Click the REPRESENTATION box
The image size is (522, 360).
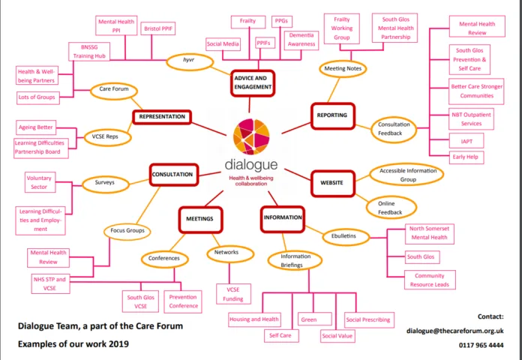point(162,117)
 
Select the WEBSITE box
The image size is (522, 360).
point(332,183)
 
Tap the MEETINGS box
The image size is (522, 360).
point(200,219)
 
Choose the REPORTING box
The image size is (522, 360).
point(332,115)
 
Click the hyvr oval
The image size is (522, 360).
point(190,62)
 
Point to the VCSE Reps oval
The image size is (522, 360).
point(107,136)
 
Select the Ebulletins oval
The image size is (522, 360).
point(346,236)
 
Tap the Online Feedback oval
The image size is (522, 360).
point(391,208)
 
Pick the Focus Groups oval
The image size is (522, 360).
point(127,230)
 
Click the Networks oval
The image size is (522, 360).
point(230,253)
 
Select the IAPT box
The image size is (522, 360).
point(466,141)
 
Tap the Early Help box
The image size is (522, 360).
point(466,157)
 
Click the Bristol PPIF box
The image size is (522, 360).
point(158,28)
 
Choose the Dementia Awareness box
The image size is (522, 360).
point(301,40)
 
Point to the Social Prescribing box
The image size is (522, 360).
point(369,320)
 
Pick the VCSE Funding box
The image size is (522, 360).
point(233,294)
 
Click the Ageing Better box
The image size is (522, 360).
point(36,127)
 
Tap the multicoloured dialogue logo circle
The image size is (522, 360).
point(251,136)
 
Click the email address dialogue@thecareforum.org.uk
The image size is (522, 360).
point(454,331)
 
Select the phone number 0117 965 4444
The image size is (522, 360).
point(481,345)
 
